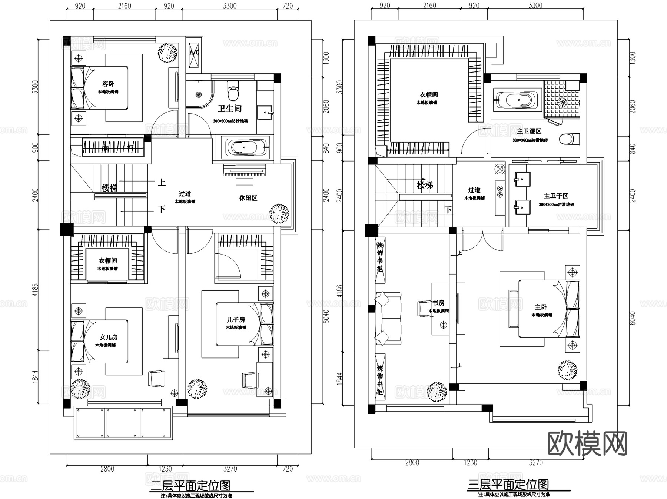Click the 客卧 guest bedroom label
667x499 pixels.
108,84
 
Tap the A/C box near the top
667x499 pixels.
194,53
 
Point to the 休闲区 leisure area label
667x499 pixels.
248,198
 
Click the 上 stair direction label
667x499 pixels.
162,182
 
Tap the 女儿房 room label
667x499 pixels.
108,337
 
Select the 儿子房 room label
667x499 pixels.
236,319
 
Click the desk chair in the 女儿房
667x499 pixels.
157,379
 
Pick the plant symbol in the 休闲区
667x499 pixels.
279,213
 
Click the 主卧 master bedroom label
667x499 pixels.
541,307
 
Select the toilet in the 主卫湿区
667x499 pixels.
566,139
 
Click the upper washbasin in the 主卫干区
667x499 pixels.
522,179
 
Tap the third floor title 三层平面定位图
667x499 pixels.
508,485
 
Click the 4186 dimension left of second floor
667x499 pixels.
35,290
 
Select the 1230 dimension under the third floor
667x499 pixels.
470,462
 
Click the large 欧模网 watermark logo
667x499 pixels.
587,443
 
